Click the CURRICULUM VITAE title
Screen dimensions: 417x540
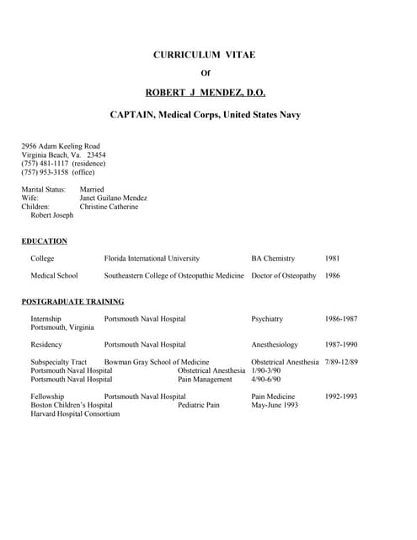(x=204, y=55)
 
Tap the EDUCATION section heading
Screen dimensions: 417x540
(x=44, y=241)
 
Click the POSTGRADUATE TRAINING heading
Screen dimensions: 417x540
(x=72, y=301)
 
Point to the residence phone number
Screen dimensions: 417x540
(x=64, y=164)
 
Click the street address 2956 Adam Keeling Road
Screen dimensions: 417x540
(x=61, y=146)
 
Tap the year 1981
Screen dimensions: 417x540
(x=334, y=258)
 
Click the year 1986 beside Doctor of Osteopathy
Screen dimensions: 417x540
(x=334, y=276)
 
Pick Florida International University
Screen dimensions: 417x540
(x=152, y=258)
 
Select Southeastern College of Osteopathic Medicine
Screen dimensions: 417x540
(x=174, y=276)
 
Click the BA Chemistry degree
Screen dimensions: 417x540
(x=273, y=258)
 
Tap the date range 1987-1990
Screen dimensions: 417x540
(x=341, y=345)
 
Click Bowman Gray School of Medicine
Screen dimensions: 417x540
(x=156, y=362)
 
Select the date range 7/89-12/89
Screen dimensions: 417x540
(x=341, y=362)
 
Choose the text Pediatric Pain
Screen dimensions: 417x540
(x=199, y=405)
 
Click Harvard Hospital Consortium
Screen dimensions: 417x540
(x=75, y=414)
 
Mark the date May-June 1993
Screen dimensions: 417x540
(x=275, y=405)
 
